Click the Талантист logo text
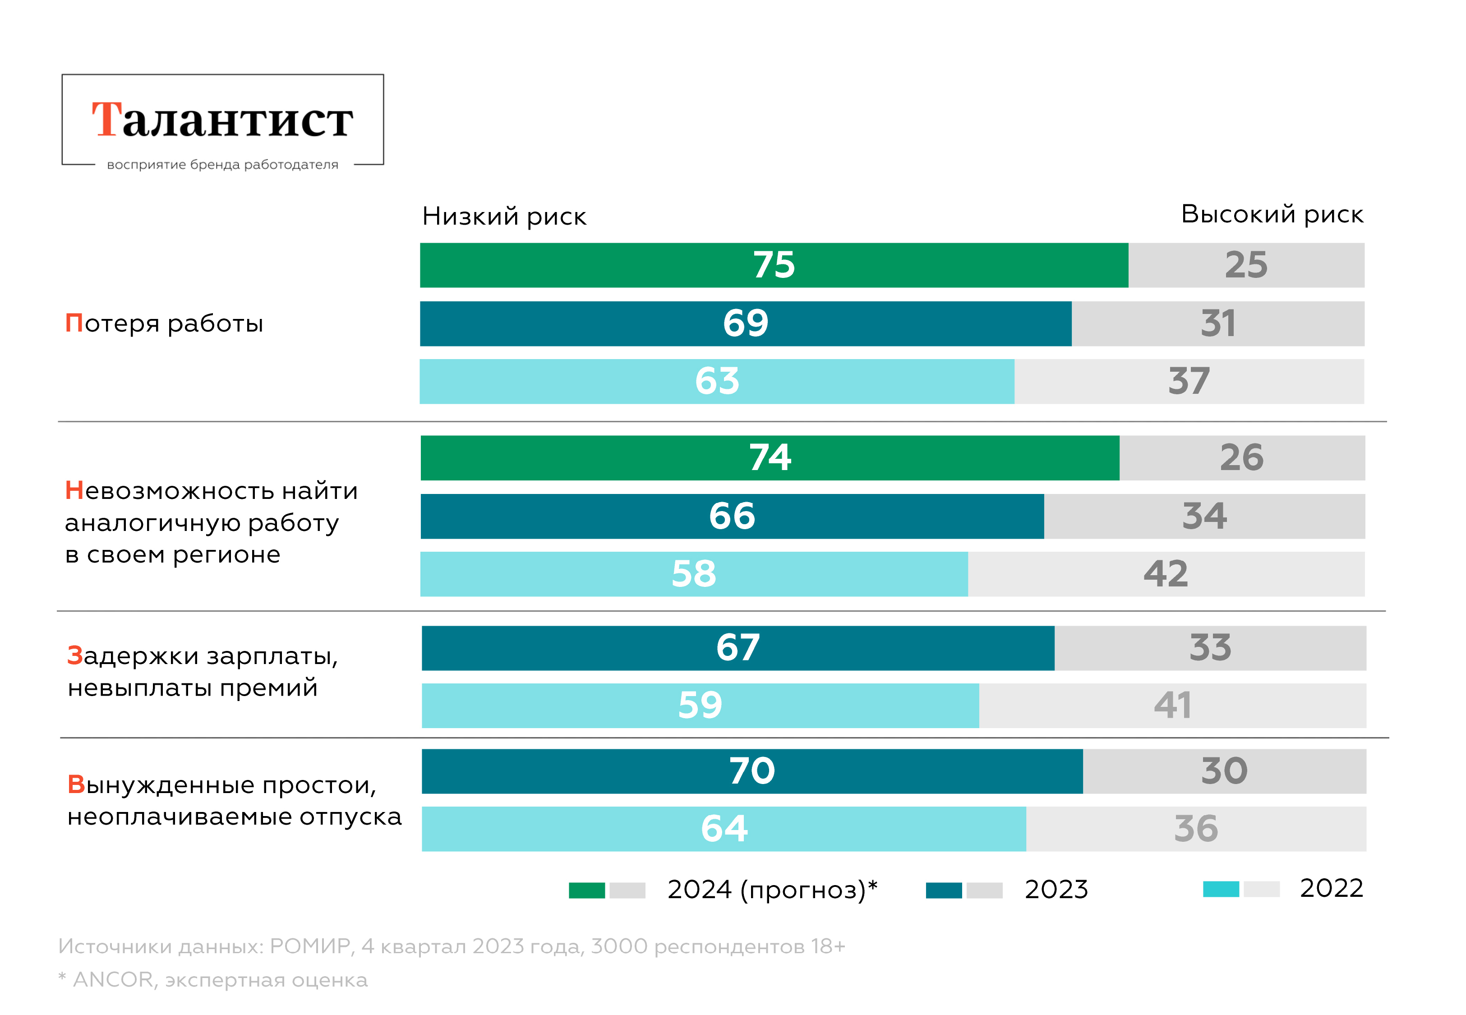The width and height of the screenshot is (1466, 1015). click(222, 120)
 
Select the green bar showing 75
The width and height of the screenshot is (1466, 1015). click(774, 265)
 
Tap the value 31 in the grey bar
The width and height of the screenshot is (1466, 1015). click(1217, 324)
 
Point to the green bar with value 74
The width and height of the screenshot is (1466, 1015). click(770, 458)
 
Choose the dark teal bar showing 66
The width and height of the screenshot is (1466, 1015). click(732, 517)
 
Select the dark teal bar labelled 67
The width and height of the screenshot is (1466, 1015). click(738, 648)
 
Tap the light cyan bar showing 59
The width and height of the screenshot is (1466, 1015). click(700, 706)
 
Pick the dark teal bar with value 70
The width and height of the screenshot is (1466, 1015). click(751, 771)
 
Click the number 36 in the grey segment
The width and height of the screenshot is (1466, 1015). click(1195, 829)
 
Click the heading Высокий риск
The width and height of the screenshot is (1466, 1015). click(1272, 214)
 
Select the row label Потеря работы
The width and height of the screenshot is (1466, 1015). click(164, 324)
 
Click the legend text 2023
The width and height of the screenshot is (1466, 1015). click(1056, 890)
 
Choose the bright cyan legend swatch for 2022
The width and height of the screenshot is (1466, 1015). click(1220, 889)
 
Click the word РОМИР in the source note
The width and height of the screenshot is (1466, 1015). click(310, 946)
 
